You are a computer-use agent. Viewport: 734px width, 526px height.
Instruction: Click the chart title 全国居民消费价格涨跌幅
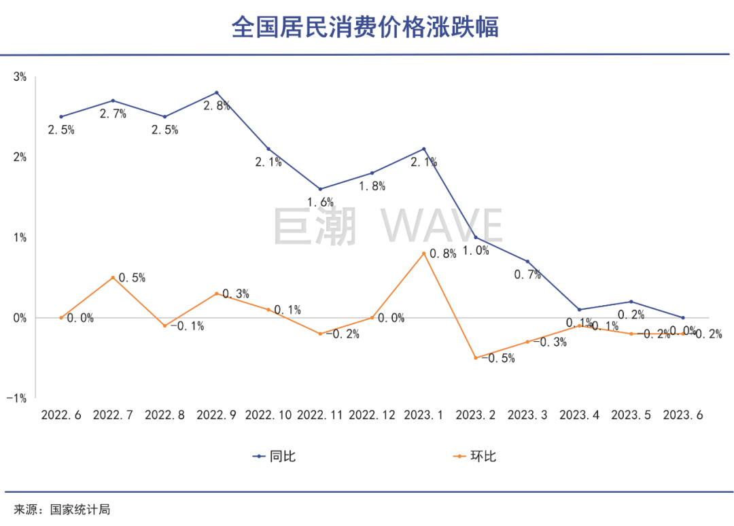(x=366, y=27)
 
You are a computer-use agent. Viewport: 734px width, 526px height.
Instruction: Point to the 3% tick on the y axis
(x=20, y=77)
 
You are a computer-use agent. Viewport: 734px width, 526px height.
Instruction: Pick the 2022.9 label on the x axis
(x=216, y=415)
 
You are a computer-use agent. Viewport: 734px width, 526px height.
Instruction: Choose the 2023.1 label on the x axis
(x=423, y=415)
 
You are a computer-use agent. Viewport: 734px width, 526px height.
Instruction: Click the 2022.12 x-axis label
(x=372, y=415)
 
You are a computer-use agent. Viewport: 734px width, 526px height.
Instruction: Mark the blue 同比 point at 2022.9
(x=216, y=92)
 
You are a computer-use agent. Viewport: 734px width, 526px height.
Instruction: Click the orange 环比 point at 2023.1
(x=423, y=253)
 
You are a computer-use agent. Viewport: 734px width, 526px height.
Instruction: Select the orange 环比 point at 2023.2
(x=476, y=357)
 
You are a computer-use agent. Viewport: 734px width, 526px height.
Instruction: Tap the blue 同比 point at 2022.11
(x=320, y=189)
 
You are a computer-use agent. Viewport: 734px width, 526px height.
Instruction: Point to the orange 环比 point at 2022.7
(x=113, y=277)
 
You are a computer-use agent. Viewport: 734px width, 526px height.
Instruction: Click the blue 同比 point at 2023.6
(x=682, y=317)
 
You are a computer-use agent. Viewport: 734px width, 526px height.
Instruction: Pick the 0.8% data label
(x=442, y=254)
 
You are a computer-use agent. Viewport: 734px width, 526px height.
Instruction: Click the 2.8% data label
(x=217, y=106)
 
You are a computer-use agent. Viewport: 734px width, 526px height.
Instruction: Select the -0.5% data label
(x=497, y=358)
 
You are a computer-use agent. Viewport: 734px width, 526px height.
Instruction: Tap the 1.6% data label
(x=320, y=202)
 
